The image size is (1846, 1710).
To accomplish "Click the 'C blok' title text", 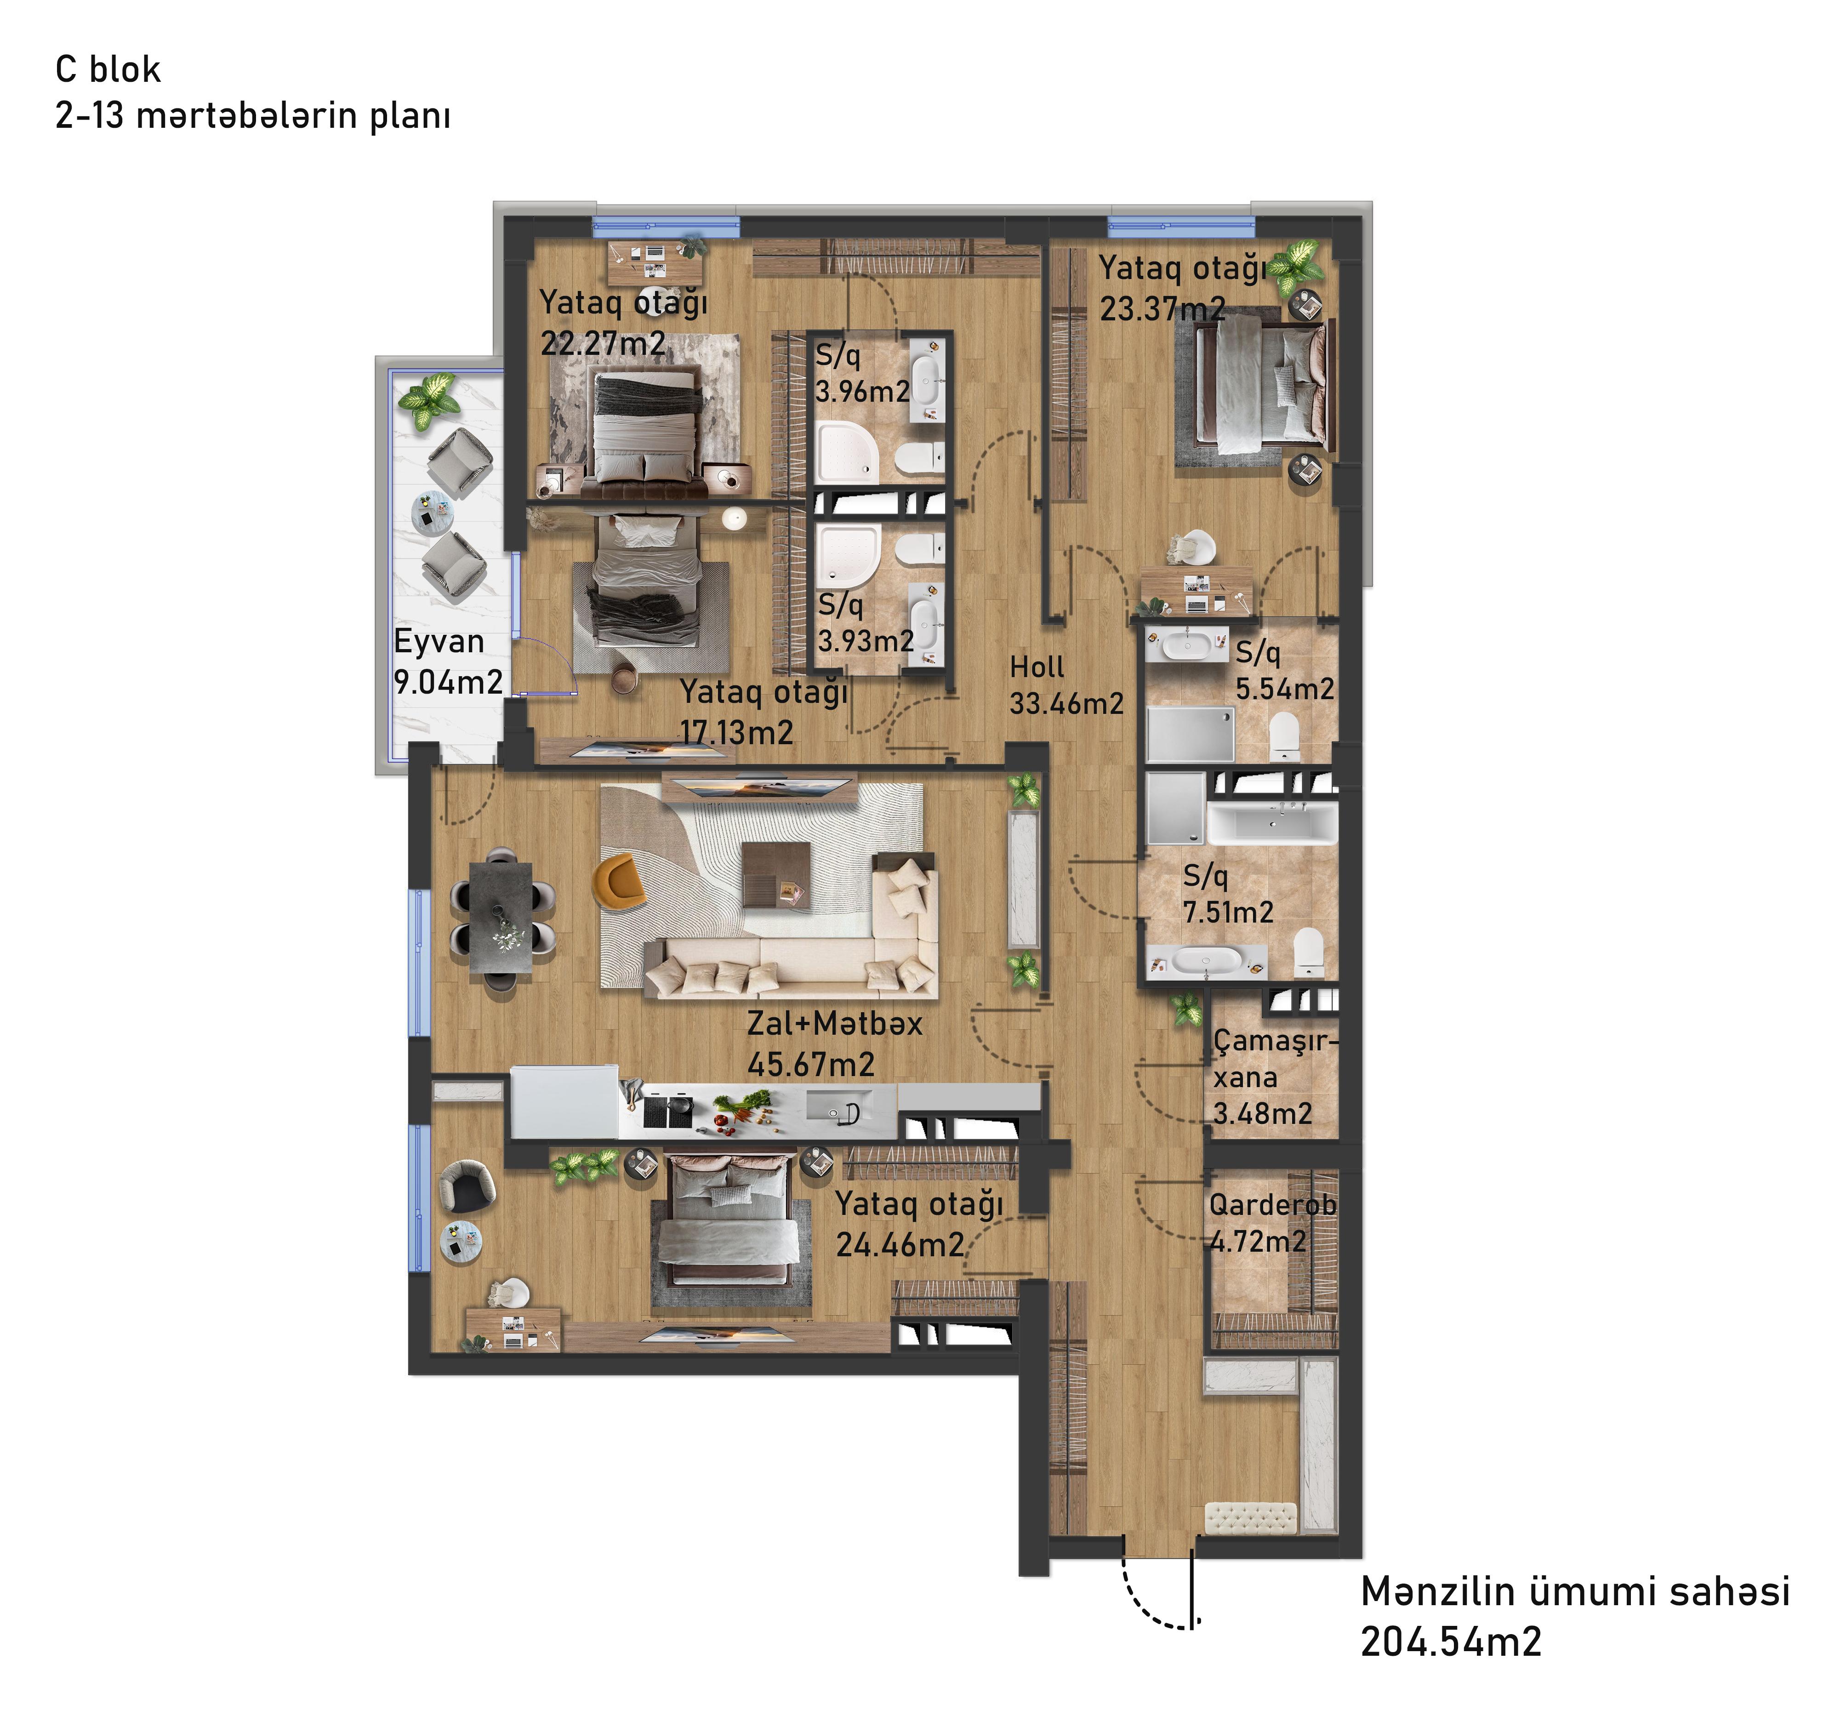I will coord(108,69).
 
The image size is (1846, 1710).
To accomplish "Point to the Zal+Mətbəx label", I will coord(835,1023).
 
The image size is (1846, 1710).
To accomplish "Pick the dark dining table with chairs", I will coord(501,917).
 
